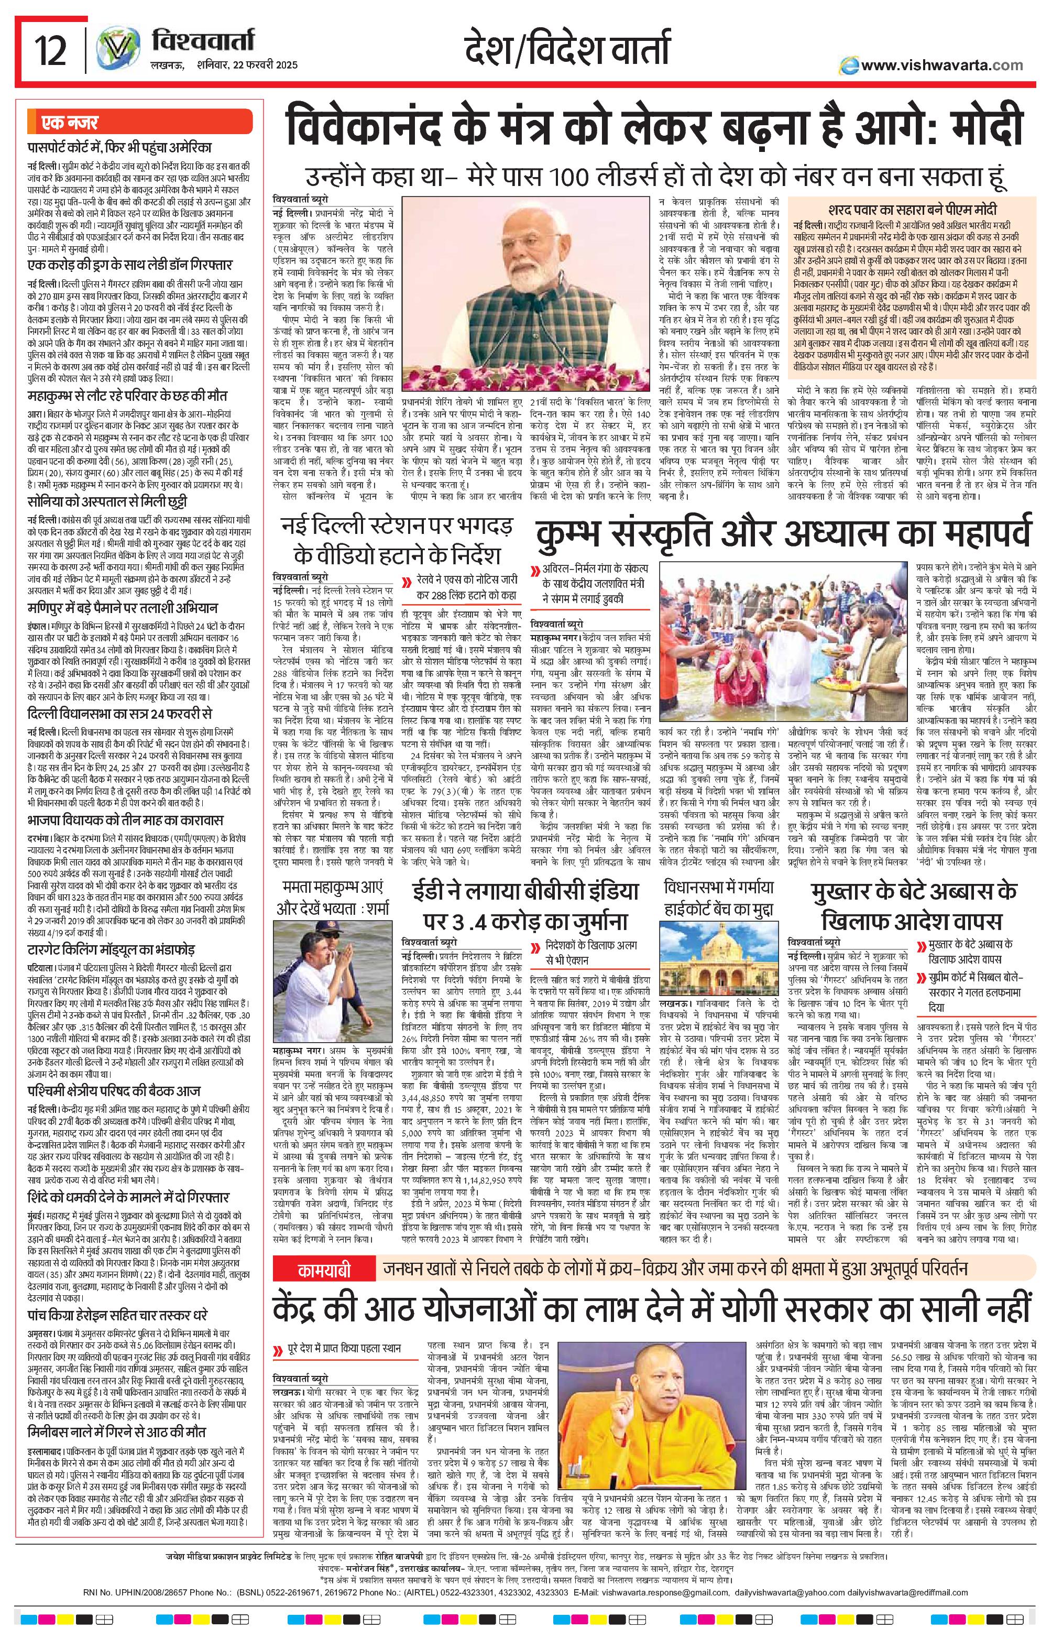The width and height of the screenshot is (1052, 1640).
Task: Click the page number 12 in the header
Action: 52,52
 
